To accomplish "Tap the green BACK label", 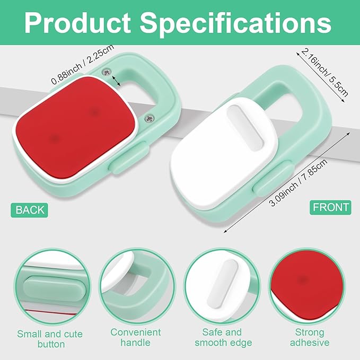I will [30, 210].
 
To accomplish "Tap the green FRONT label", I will [331, 207].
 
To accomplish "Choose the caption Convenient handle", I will [136, 338].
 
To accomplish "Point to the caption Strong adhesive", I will [310, 338].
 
